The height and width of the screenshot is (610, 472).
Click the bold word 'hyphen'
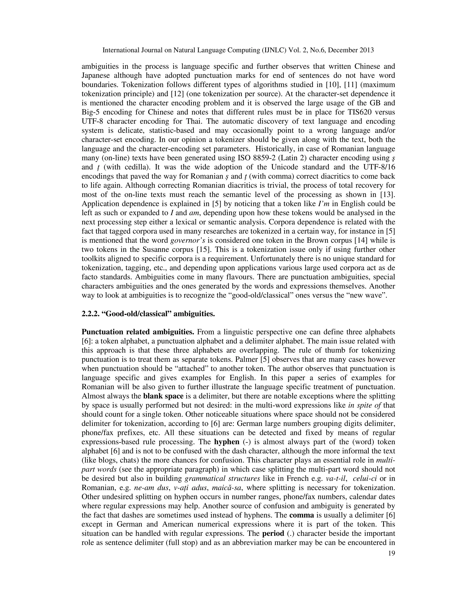click(x=227, y=442)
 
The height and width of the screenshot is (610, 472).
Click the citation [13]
click(x=388, y=195)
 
